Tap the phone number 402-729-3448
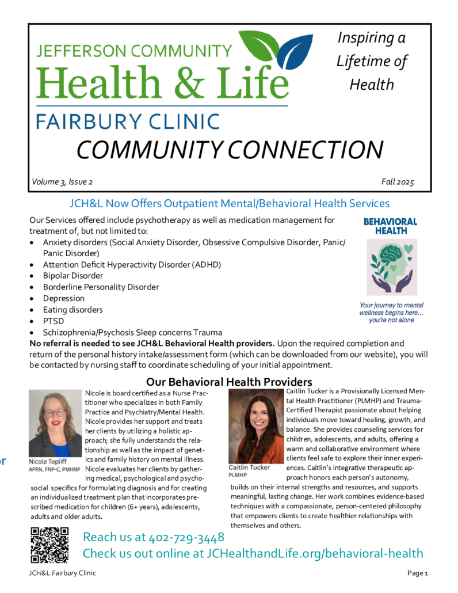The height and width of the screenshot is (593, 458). pyautogui.click(x=185, y=537)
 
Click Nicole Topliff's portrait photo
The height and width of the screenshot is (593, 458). pyautogui.click(x=55, y=423)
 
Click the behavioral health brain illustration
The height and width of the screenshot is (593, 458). pyautogui.click(x=391, y=268)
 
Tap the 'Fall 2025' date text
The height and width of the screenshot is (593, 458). pyautogui.click(x=398, y=182)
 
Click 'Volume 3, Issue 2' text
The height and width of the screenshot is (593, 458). pyautogui.click(x=62, y=182)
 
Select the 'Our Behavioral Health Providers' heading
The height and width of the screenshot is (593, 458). pyautogui.click(x=229, y=382)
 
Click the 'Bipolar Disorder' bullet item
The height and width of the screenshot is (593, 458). pyautogui.click(x=73, y=276)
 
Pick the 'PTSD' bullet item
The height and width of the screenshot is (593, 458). pyautogui.click(x=54, y=321)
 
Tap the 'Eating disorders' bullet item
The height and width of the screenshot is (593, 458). pyautogui.click(x=72, y=310)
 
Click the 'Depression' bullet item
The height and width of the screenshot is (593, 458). pyautogui.click(x=63, y=298)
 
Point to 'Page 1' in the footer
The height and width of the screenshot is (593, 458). pyautogui.click(x=418, y=573)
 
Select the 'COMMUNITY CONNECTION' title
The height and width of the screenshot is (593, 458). pyautogui.click(x=230, y=150)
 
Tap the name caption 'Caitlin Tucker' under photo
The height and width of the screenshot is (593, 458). pyautogui.click(x=249, y=467)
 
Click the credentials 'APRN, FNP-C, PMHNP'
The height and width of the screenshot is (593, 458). pyautogui.click(x=55, y=470)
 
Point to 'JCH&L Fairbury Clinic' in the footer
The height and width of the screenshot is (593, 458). pyautogui.click(x=63, y=573)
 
